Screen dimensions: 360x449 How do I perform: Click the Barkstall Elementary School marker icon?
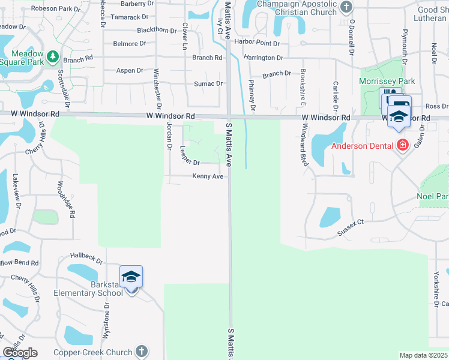click(x=131, y=277)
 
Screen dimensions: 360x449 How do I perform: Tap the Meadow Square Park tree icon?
click(x=53, y=57)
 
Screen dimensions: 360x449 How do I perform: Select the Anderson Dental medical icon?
click(x=402, y=145)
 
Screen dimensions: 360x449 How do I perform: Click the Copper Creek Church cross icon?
click(x=141, y=351)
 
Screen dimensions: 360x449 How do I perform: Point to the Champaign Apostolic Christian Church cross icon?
click(x=346, y=7)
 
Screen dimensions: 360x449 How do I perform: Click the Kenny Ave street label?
click(x=208, y=176)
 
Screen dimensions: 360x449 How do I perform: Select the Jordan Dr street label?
click(x=169, y=133)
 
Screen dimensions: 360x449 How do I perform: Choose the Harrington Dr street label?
click(x=264, y=58)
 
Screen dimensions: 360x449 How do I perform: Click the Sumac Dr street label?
click(x=208, y=83)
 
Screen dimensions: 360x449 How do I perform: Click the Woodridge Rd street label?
click(x=65, y=199)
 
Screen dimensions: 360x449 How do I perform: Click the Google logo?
click(x=20, y=353)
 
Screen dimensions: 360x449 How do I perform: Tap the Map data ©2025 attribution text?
click(x=423, y=355)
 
